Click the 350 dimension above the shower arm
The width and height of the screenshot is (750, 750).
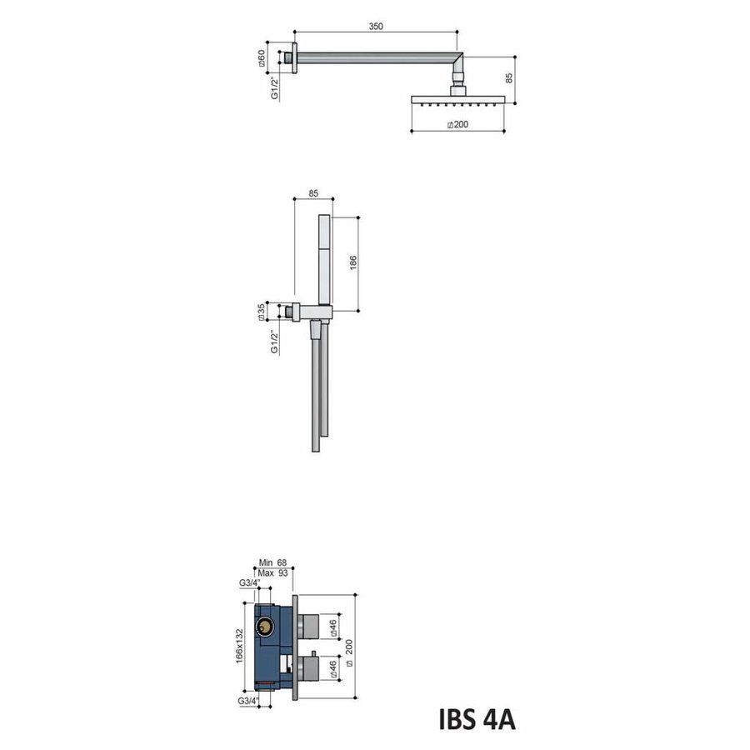click(x=375, y=27)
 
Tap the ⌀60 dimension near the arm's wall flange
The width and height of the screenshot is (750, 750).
click(x=262, y=58)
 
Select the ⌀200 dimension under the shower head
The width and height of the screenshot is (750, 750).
click(x=457, y=124)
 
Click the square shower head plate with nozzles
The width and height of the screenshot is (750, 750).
click(x=457, y=98)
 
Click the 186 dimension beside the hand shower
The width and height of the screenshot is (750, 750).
click(x=352, y=261)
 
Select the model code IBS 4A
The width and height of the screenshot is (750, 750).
click(x=477, y=718)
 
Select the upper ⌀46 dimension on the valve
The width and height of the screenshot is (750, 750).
click(x=333, y=627)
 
